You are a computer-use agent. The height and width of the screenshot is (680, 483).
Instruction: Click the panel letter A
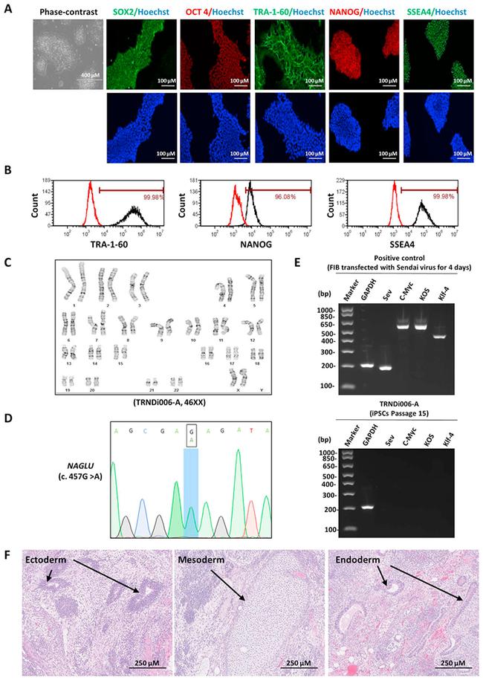click(x=9, y=8)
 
